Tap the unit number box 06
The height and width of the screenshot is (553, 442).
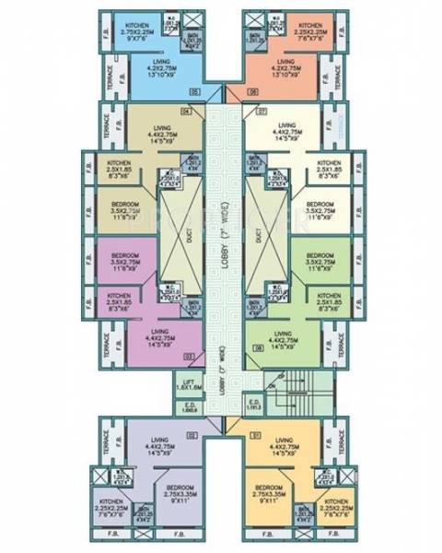[x=251, y=92]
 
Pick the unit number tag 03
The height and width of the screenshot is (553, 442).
[x=191, y=356]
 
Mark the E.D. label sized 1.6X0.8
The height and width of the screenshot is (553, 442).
[x=191, y=407]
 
